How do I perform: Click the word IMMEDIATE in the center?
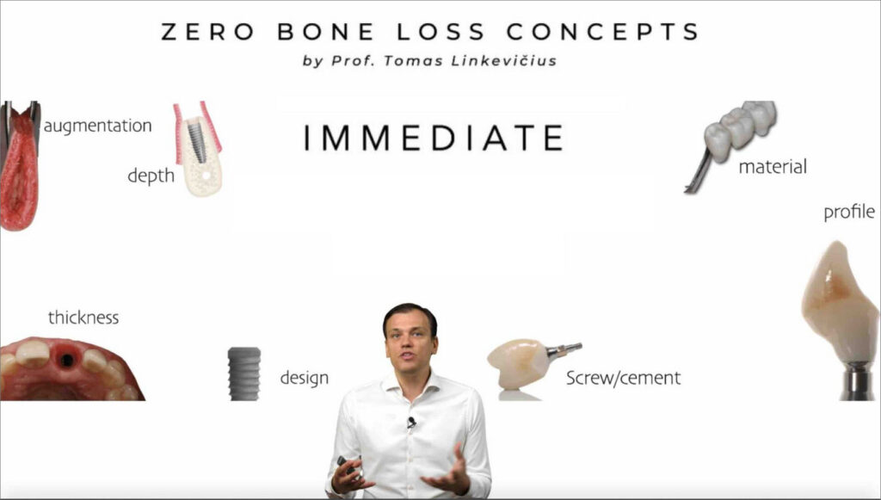[434, 138]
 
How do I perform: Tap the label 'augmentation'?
[98, 126]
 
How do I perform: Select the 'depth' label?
[151, 176]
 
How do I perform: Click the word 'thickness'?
[83, 318]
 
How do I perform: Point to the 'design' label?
[304, 378]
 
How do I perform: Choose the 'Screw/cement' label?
[623, 378]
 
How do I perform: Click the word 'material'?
[773, 166]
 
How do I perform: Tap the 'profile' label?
[849, 212]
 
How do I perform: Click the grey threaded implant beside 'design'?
[244, 373]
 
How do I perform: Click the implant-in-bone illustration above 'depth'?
[198, 149]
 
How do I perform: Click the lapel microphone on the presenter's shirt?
[412, 422]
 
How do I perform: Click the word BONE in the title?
[325, 32]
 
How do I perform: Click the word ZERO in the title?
[207, 32]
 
